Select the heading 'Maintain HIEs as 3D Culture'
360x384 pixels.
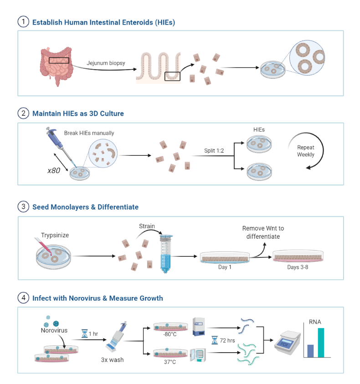coord(78,113)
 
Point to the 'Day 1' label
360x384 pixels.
coord(224,267)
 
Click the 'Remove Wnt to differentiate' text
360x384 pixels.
coord(266,232)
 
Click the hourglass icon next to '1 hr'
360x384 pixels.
coord(83,334)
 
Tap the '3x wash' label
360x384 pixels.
coord(112,359)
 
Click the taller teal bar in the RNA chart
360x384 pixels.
coord(321,343)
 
